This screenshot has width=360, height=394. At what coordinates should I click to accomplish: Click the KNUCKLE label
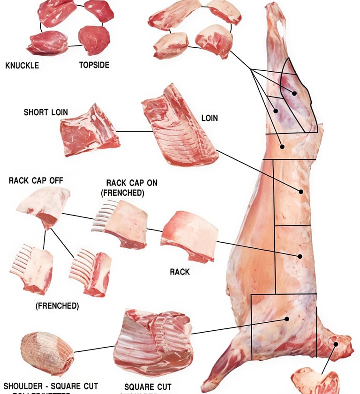click(22, 65)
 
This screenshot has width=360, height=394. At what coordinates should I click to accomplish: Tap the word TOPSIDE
click(94, 65)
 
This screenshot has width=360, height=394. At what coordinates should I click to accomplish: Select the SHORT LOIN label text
click(46, 112)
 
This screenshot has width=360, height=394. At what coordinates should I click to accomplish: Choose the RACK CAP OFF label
click(36, 180)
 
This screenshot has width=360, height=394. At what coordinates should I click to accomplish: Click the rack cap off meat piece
click(44, 206)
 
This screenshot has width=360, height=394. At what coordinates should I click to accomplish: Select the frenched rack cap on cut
click(120, 223)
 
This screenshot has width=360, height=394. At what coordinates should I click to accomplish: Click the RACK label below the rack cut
click(180, 271)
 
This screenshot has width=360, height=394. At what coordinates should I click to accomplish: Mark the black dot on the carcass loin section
click(301, 192)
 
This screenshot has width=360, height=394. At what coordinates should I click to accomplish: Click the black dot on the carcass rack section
click(300, 256)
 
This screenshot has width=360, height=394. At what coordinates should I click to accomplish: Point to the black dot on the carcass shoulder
click(287, 319)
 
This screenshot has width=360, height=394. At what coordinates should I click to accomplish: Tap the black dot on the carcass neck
click(336, 344)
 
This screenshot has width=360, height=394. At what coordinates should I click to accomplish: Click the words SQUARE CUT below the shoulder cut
click(148, 387)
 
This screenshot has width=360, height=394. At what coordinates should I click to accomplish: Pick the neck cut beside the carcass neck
click(315, 380)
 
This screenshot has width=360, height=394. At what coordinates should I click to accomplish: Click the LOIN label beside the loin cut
click(210, 118)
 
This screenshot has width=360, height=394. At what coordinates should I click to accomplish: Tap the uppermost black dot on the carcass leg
click(294, 93)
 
